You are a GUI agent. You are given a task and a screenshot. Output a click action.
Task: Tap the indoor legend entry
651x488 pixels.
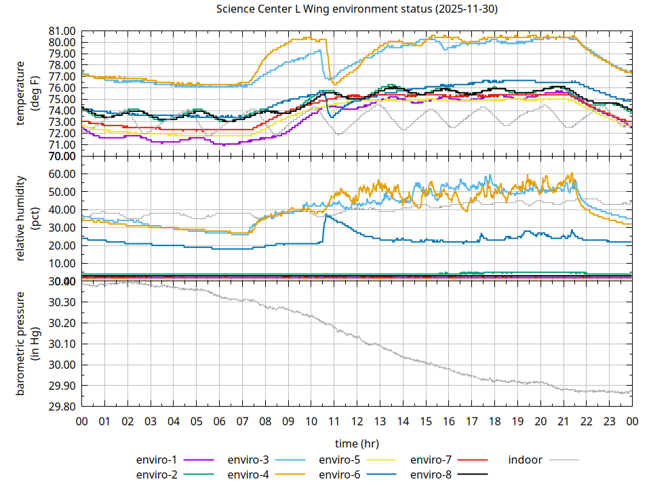point(526,460)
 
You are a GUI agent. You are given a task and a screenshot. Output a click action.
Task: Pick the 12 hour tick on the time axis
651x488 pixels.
point(357,421)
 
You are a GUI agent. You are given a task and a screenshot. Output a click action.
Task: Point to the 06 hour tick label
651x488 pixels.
point(219,421)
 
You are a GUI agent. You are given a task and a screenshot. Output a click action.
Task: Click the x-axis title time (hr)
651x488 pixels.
point(357,443)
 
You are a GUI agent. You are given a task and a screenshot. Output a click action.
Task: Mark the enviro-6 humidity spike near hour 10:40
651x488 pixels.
point(326,216)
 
